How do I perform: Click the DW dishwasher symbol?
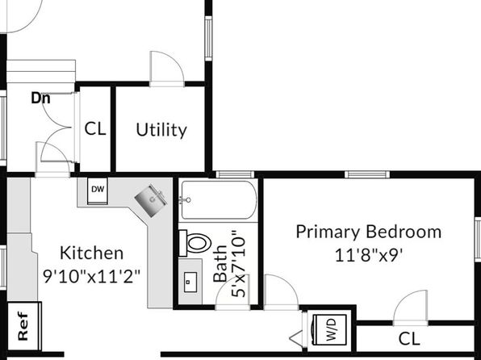click(x=98, y=190)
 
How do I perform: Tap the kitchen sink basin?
click(x=151, y=201)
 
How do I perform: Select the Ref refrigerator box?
click(x=24, y=326)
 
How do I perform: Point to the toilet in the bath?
click(x=196, y=243)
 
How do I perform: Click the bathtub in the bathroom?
click(x=219, y=200)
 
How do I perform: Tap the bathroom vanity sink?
click(x=190, y=282)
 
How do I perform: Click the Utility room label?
click(x=161, y=130)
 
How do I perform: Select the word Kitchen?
click(x=92, y=253)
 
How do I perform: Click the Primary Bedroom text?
click(x=369, y=232)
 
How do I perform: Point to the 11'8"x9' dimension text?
click(x=369, y=255)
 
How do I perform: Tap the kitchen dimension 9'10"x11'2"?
click(x=92, y=277)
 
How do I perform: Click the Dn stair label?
click(x=41, y=98)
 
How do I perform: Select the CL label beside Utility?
click(x=95, y=129)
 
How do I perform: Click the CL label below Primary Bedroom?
click(x=409, y=339)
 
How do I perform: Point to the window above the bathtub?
click(x=235, y=174)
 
